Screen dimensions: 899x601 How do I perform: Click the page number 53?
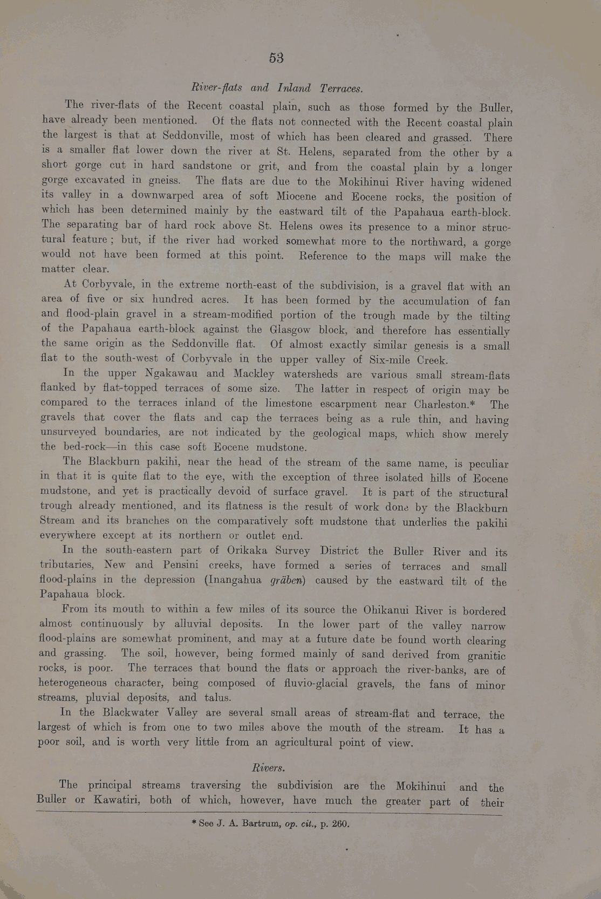[276, 58]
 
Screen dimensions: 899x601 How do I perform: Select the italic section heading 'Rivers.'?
[269, 767]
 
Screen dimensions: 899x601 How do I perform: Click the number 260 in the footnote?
[340, 823]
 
